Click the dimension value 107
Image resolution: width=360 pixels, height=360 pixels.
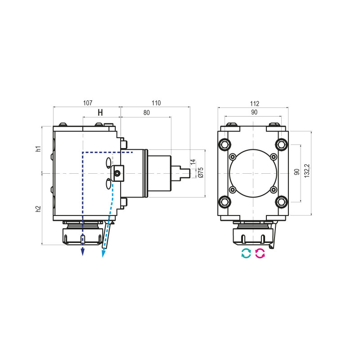[88, 103]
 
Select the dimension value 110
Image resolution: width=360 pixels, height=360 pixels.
[156, 103]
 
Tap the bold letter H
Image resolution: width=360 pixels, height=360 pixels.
[100, 112]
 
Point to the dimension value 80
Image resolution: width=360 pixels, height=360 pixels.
[146, 113]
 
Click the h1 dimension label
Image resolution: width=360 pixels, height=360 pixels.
[39, 149]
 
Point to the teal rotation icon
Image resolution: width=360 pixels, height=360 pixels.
[246, 253]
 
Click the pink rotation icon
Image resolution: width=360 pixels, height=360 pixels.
[260, 253]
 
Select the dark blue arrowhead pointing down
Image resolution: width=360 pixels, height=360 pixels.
[83, 252]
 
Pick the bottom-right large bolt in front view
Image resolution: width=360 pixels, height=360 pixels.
[282, 201]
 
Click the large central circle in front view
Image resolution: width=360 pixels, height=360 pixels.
[253, 173]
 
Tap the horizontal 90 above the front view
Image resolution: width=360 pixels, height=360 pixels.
[254, 113]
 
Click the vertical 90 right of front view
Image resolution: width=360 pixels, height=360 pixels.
[297, 172]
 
